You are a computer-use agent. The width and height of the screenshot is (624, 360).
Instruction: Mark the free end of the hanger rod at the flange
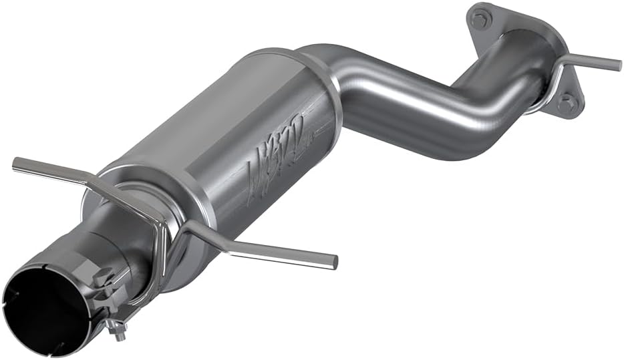click(617, 65)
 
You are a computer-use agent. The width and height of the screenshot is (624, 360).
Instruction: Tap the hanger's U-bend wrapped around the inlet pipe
click(160, 234)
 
